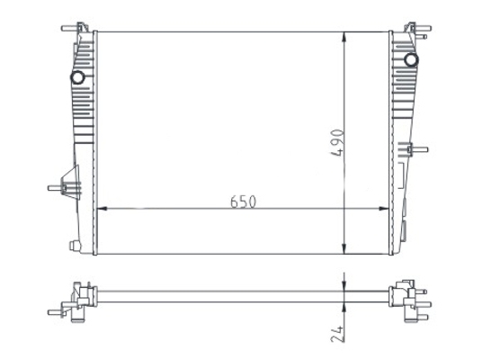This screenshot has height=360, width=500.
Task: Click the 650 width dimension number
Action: [243, 202]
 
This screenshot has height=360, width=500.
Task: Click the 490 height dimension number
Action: [337, 143]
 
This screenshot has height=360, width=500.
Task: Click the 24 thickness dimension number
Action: [337, 334]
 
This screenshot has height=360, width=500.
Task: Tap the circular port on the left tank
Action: [77, 77]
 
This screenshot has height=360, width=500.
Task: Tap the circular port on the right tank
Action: [411, 59]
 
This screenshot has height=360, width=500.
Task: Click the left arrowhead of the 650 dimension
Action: [102, 209]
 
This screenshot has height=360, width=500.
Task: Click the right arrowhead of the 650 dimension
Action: [383, 209]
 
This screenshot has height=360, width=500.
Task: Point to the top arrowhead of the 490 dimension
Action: [344, 37]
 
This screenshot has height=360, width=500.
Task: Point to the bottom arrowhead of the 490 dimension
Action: [344, 249]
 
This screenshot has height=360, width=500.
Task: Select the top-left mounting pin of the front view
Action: [69, 29]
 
